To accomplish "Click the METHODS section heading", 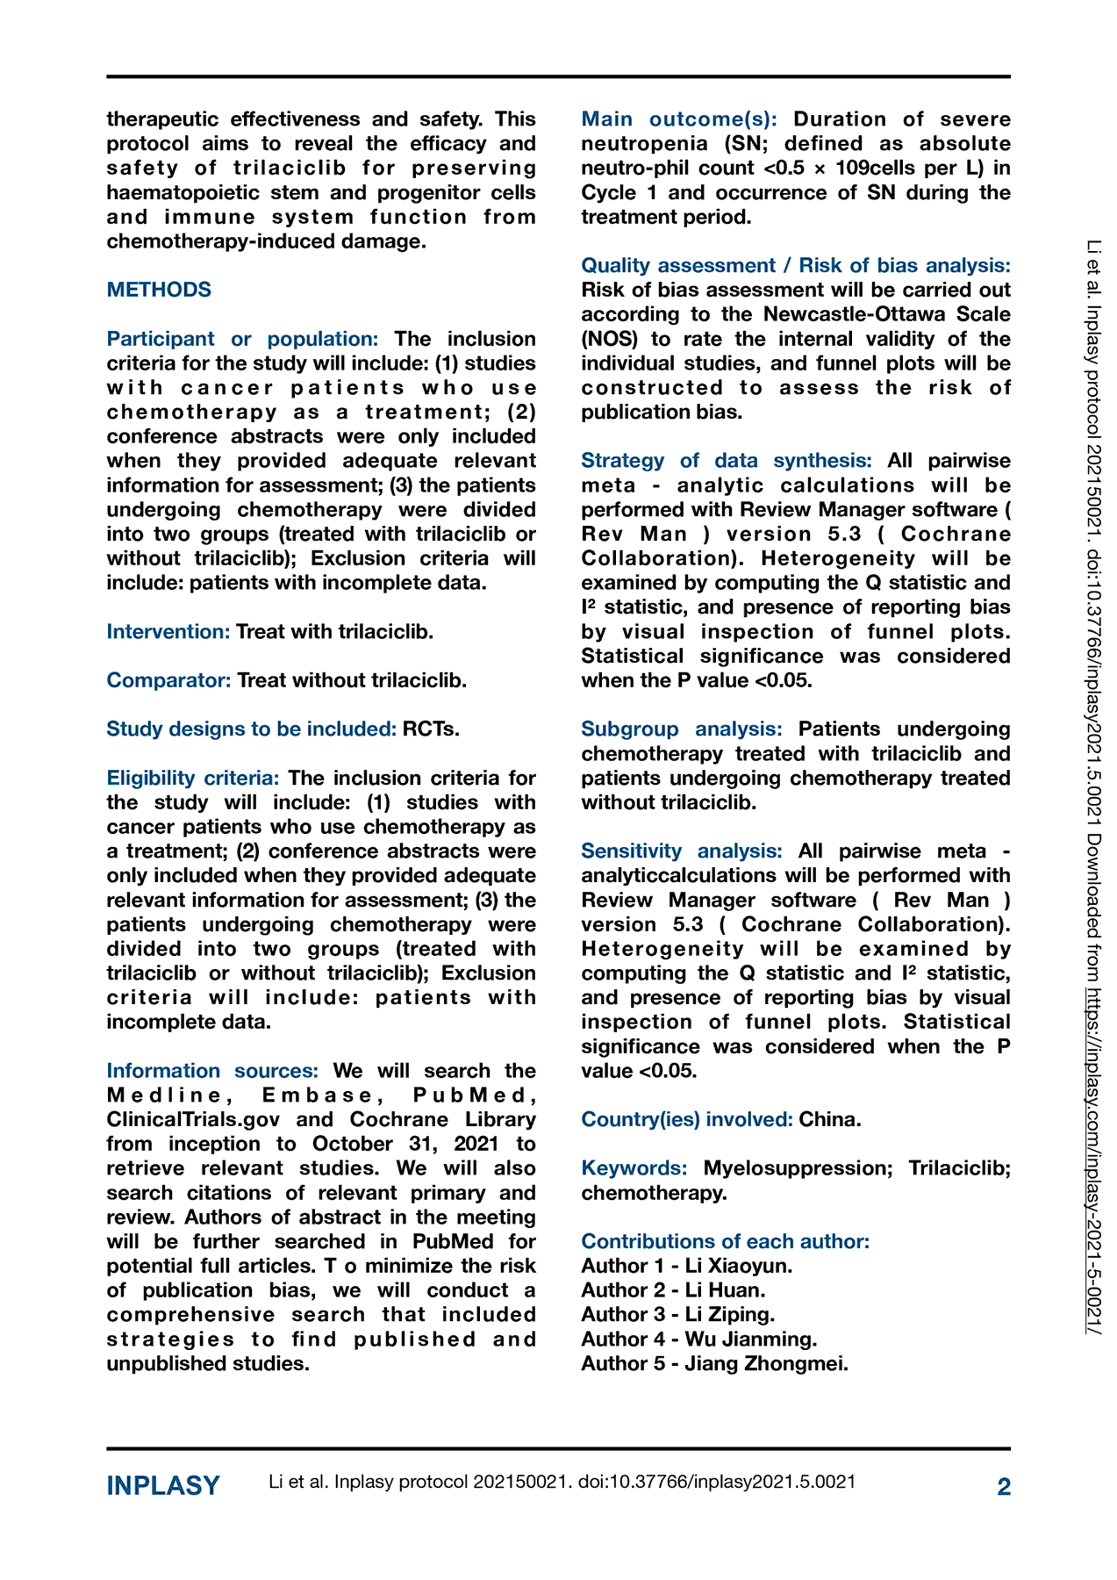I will pos(159,290).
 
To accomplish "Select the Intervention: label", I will pos(168,631).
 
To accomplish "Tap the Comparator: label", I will pos(168,680).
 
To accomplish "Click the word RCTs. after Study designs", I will pos(431,729).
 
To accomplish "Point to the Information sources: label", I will pos(212,1071).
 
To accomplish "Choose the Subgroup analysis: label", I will pos(682,729).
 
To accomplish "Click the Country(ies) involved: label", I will pos(687,1119).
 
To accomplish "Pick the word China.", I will pos(829,1119).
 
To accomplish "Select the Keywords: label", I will pos(634,1168).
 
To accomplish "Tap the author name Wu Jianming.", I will pos(751,1339).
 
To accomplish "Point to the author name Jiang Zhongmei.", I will pos(766,1363).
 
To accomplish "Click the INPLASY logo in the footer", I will pos(163,1485).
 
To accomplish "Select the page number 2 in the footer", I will pos(1004,1486).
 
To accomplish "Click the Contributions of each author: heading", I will pos(726,1241).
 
